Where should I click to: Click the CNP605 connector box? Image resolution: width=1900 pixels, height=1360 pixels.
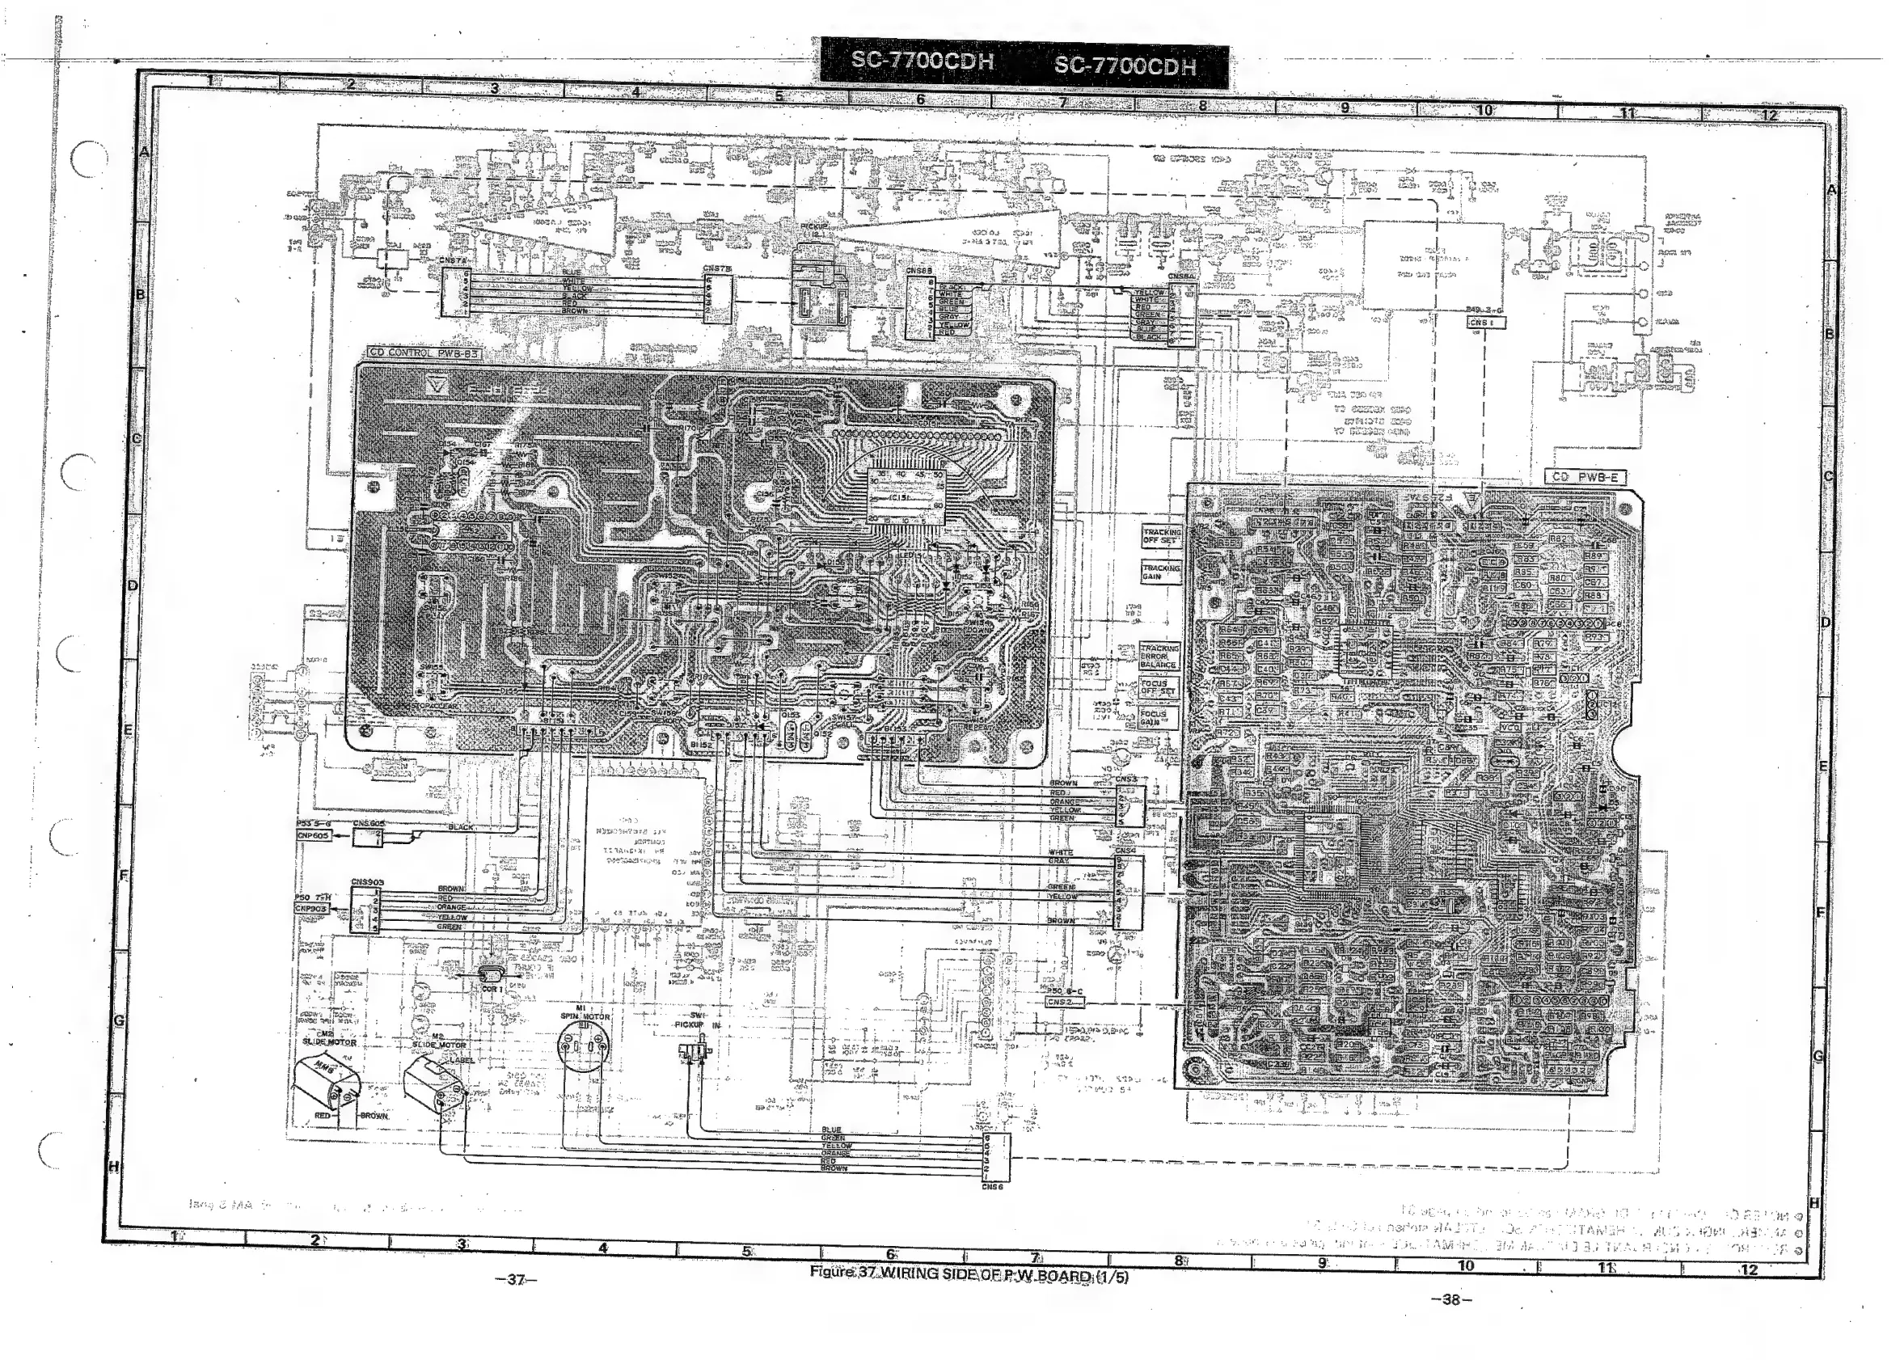pos(313,836)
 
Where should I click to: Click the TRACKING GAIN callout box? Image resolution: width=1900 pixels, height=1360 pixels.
pos(1160,572)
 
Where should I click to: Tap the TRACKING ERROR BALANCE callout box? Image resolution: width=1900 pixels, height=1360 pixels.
pos(1159,657)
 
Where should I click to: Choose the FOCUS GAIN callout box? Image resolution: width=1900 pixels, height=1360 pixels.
pos(1159,719)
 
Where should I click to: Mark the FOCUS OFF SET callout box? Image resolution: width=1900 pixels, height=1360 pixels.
pos(1159,688)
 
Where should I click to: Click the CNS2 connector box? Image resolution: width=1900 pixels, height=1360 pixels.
pos(1064,1002)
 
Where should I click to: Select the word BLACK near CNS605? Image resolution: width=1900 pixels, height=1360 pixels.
pos(461,827)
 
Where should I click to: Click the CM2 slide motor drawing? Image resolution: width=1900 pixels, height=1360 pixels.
pos(327,1084)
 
